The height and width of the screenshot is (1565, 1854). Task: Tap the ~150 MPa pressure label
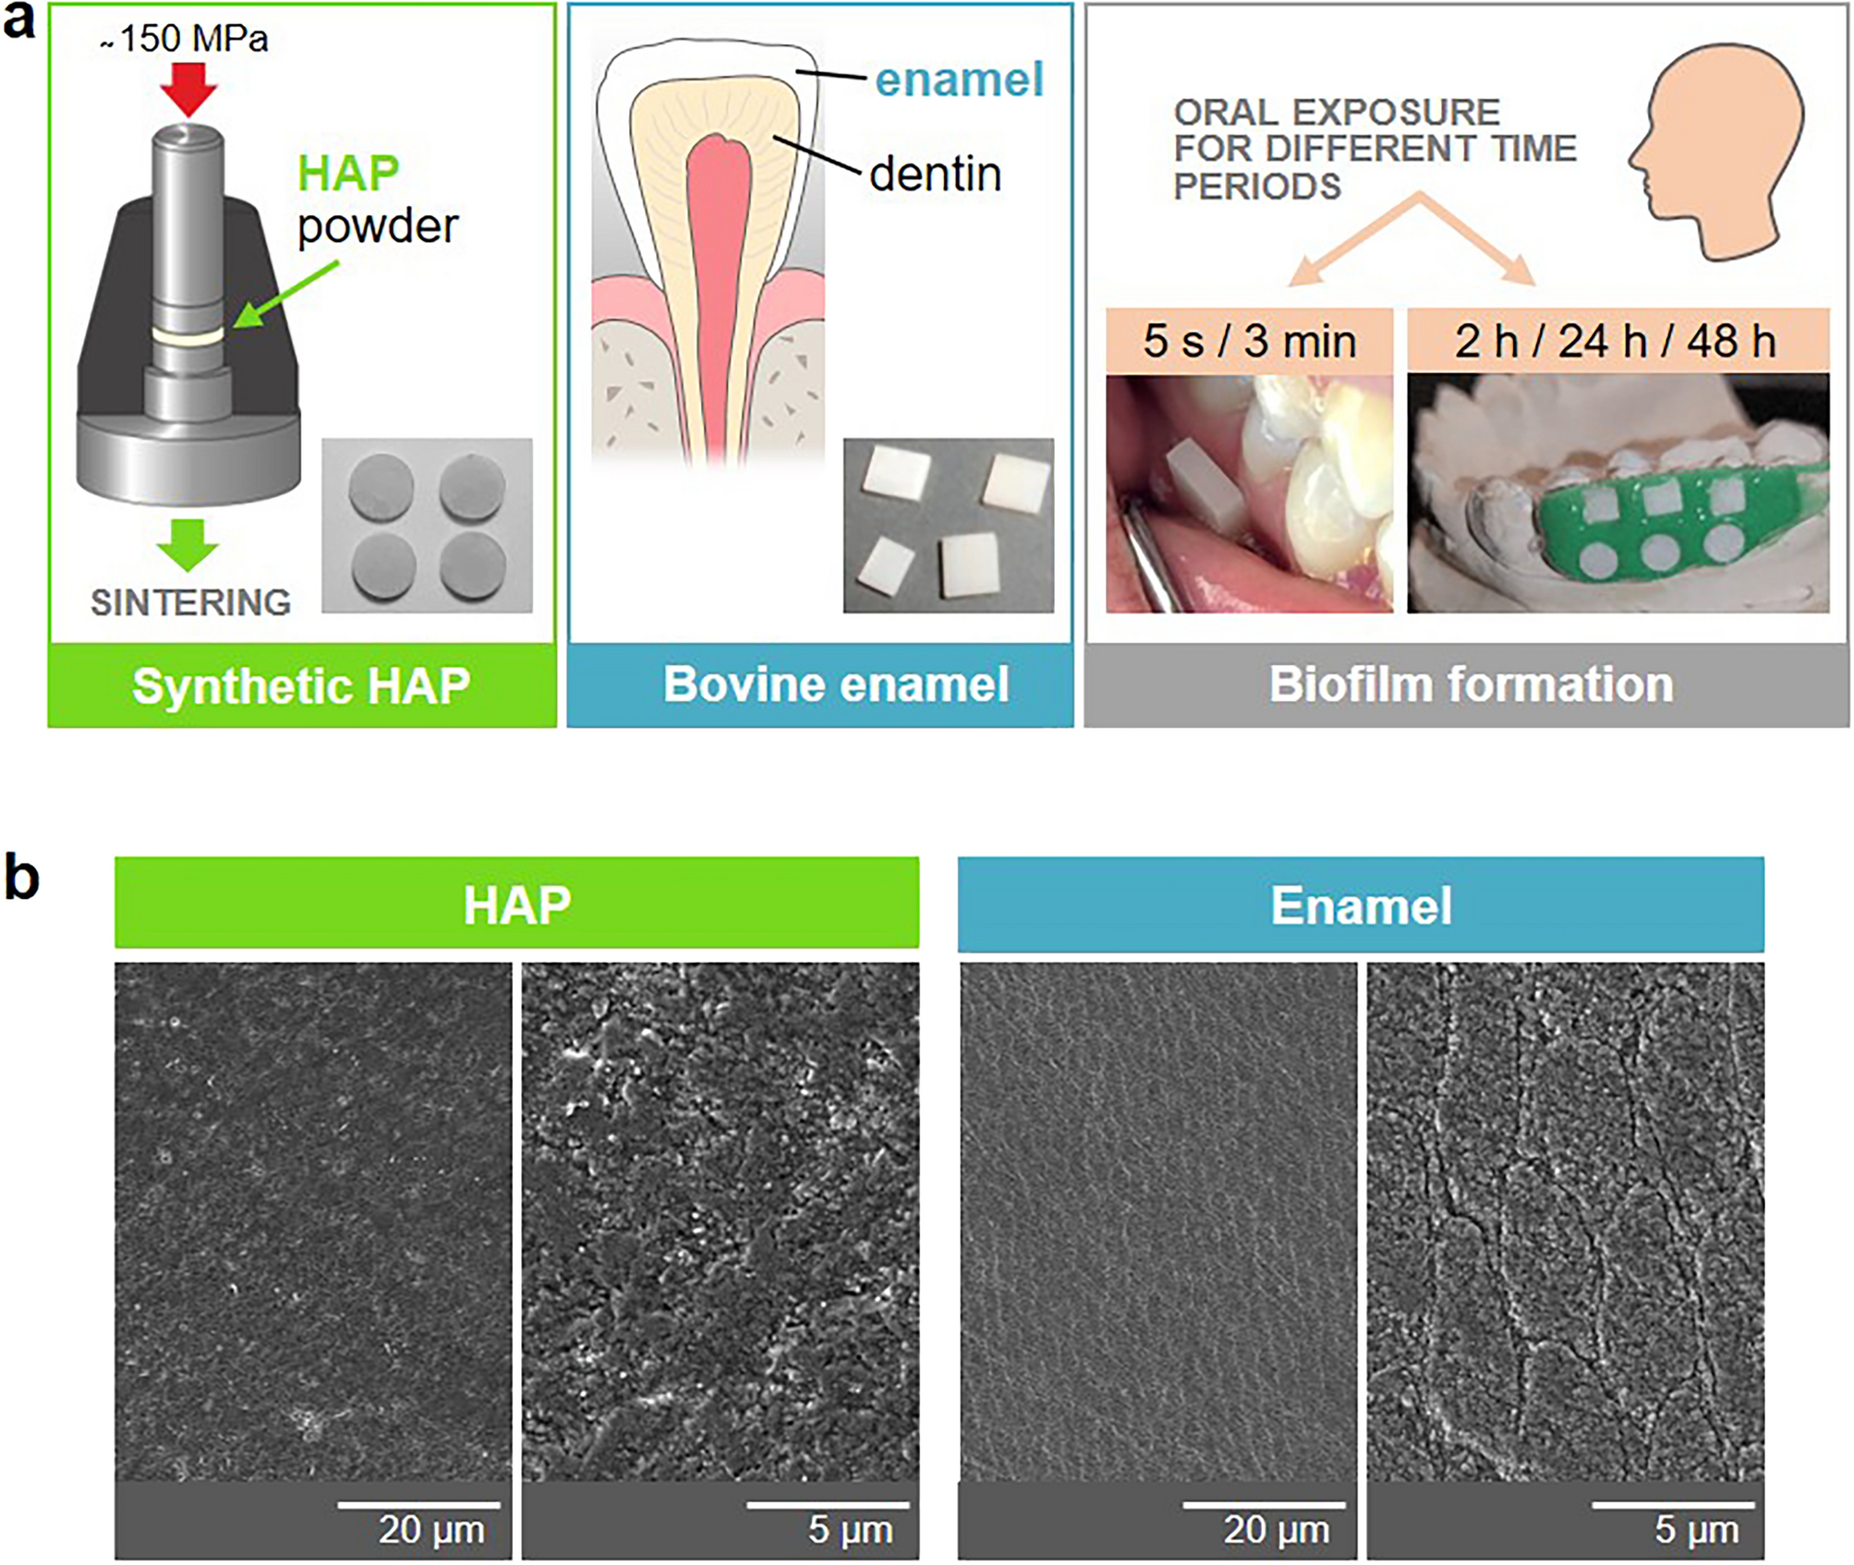pos(184,39)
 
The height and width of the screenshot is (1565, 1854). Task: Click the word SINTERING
pos(190,602)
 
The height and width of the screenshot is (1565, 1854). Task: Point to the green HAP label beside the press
pos(348,173)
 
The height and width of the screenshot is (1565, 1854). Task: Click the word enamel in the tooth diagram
pos(959,79)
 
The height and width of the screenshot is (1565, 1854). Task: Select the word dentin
pos(935,174)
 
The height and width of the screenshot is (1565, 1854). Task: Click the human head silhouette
pos(1716,152)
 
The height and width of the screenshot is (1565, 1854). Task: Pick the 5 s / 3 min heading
pos(1250,341)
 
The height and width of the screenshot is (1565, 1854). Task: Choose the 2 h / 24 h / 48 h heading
pos(1618,341)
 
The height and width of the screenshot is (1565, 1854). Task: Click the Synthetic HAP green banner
pos(302,685)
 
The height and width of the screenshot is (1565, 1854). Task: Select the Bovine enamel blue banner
pos(820,685)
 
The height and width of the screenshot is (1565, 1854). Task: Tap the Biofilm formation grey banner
pos(1467,685)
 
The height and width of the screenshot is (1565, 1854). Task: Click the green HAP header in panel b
pos(517,903)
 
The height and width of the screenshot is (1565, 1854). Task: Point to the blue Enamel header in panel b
pos(1361,904)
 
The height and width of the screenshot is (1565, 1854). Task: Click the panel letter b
pos(22,877)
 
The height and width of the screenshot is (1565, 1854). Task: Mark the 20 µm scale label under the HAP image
pos(431,1530)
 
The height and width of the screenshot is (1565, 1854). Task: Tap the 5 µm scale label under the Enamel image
pos(1696,1530)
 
